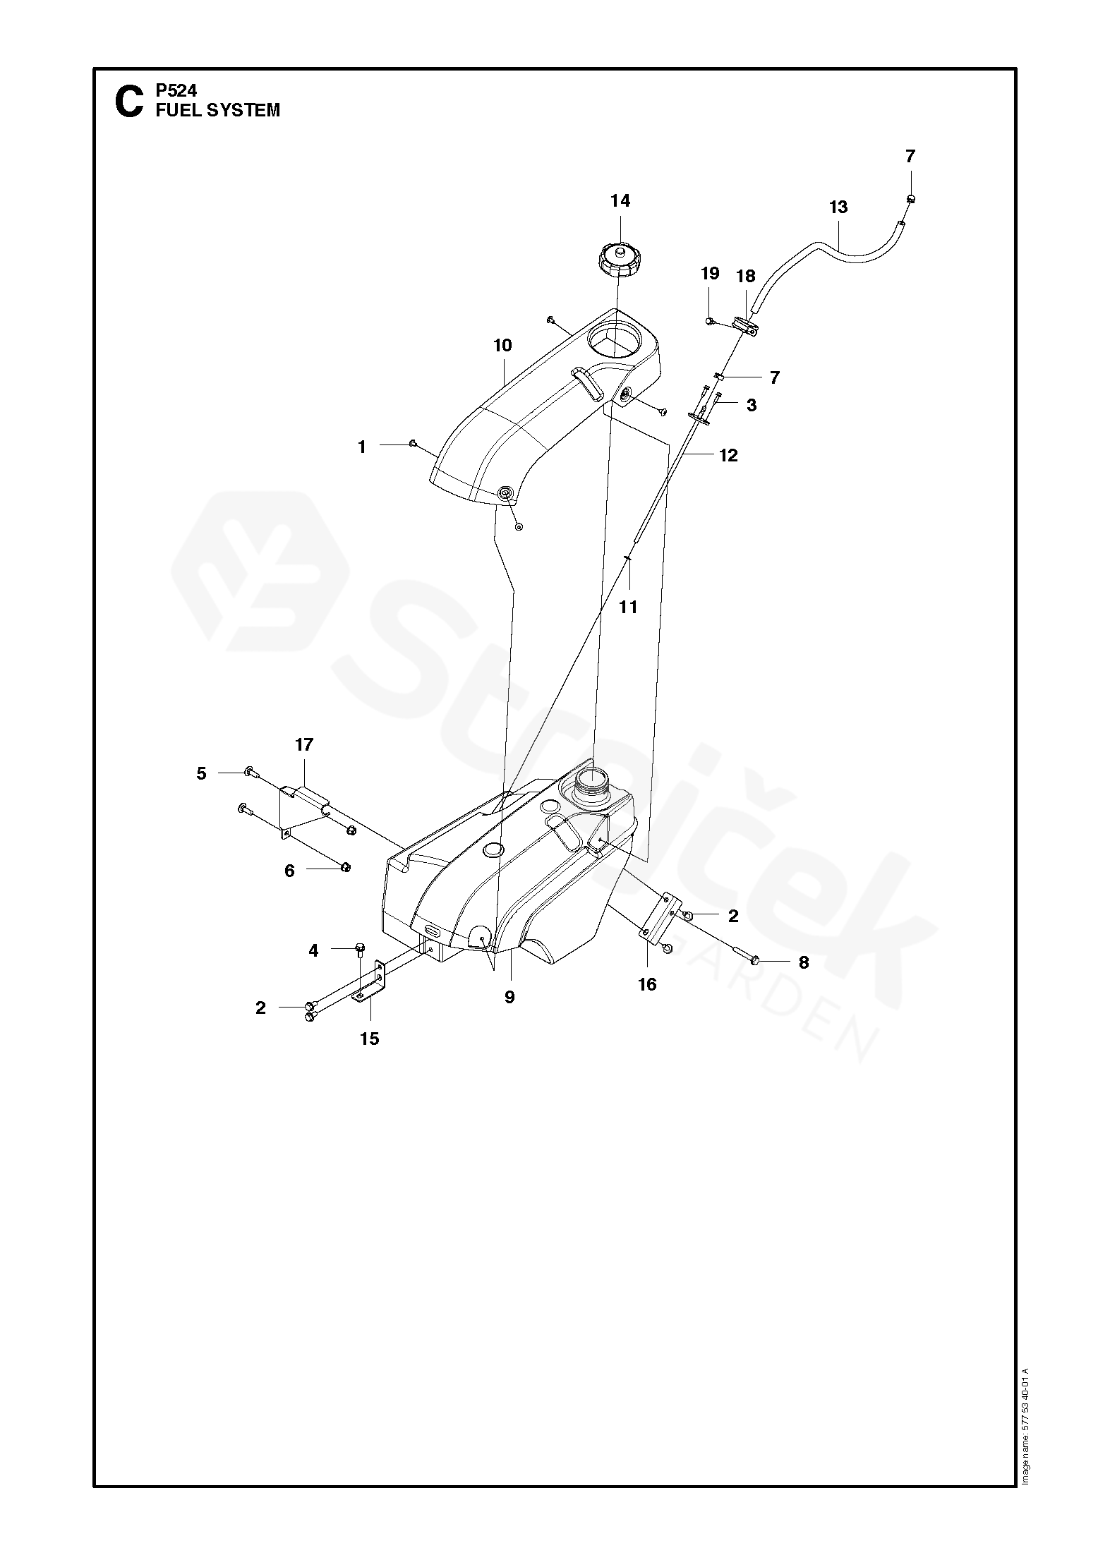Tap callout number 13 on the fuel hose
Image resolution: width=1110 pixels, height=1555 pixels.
point(838,207)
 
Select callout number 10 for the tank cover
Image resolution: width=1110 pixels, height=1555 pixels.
point(502,346)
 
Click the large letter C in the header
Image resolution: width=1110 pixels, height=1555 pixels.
point(128,103)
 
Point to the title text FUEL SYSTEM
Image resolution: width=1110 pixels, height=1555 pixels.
point(218,111)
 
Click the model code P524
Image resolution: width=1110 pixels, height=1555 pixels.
point(176,90)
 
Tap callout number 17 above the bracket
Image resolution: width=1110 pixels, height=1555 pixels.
point(304,745)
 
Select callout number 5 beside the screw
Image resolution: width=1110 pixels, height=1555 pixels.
point(202,774)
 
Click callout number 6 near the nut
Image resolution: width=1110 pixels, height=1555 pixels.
point(289,871)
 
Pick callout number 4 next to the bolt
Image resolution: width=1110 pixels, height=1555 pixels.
point(313,951)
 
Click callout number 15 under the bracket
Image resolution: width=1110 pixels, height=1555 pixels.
point(370,1039)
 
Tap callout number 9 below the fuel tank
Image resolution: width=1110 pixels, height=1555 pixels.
point(509,998)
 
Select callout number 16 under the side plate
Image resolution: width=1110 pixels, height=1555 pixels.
point(647,984)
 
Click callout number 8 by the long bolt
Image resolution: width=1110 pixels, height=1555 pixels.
point(804,962)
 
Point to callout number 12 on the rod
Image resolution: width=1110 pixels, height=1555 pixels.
point(728,456)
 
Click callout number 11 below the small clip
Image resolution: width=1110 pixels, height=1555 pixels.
point(628,607)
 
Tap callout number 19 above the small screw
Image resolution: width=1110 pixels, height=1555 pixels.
point(710,274)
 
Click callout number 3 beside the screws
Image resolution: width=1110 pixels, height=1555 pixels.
point(752,406)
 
